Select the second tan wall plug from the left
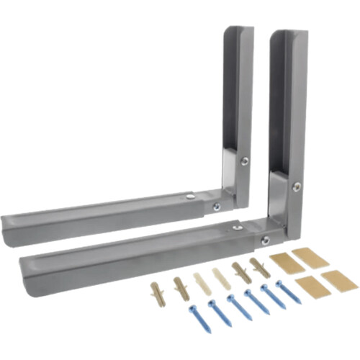click(179, 287)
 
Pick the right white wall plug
click(222, 277)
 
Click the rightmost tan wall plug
click(260, 267)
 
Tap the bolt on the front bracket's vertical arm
click(296, 186)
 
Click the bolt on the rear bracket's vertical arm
click(244, 162)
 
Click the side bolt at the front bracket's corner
click(265, 239)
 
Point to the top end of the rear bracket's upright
click(238, 30)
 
